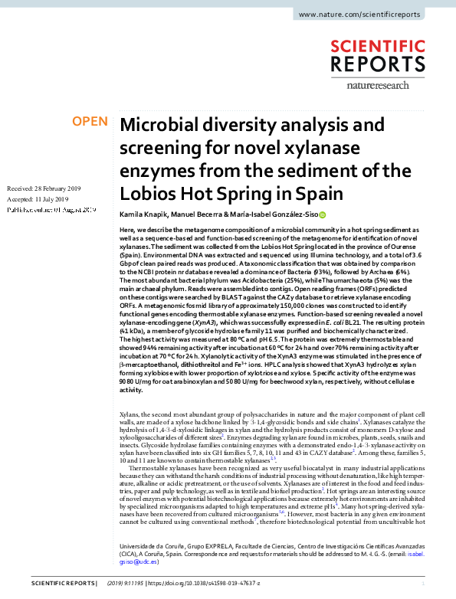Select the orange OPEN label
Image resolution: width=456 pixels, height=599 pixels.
coord(90,122)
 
